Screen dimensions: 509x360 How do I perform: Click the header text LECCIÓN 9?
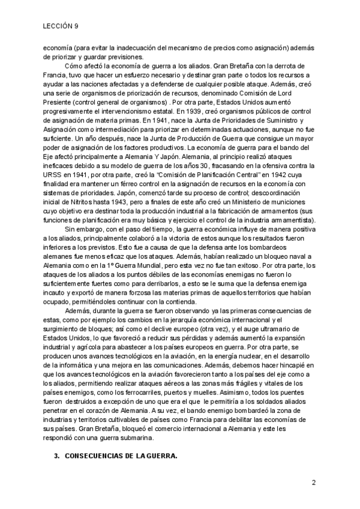tap(61, 26)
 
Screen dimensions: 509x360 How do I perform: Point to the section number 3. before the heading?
tap(57, 457)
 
